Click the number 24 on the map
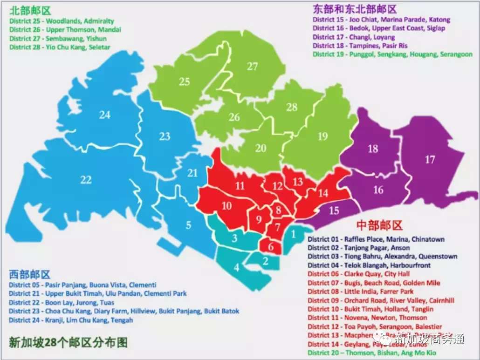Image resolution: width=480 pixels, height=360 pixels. click(104, 114)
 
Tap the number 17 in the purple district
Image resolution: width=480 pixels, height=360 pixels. click(430, 160)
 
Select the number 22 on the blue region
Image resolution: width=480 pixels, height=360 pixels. click(86, 180)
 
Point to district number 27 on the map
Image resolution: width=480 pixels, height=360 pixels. click(252, 67)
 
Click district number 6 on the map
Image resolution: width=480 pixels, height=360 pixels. click(271, 247)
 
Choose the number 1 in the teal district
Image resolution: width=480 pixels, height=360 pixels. click(293, 234)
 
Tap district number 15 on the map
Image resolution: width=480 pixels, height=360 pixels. click(334, 211)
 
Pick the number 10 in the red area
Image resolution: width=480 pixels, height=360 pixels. click(226, 206)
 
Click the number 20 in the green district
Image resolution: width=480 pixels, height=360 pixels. click(261, 148)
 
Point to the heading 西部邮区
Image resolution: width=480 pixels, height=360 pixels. click(29, 274)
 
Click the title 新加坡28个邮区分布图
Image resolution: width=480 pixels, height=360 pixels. click(68, 342)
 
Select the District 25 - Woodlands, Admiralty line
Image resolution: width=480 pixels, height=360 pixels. click(61, 21)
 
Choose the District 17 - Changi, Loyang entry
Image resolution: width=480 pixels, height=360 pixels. click(354, 37)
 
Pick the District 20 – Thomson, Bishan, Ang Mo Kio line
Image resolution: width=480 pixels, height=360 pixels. click(372, 353)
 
